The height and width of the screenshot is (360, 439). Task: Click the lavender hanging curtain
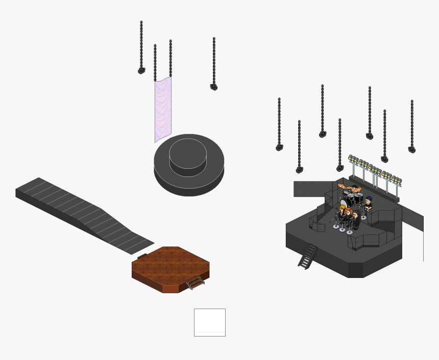pos(163,110)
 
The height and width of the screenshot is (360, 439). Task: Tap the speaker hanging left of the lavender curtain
pos(141,70)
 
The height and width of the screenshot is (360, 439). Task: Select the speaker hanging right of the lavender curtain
pos(214,87)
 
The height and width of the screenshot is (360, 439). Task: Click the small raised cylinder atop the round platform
pos(188,153)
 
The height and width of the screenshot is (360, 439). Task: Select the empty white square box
pos(209,322)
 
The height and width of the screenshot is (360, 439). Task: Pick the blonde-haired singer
pos(342,209)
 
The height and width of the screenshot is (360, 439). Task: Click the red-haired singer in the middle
pos(348,212)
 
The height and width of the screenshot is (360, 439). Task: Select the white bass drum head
pos(345,203)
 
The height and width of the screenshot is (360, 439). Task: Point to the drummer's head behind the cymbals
pos(355,188)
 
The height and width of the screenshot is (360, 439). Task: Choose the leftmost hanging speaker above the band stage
pos(279,147)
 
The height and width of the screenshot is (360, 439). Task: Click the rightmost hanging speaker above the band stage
pos(412,149)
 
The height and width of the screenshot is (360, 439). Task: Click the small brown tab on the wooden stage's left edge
pos(142,256)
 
